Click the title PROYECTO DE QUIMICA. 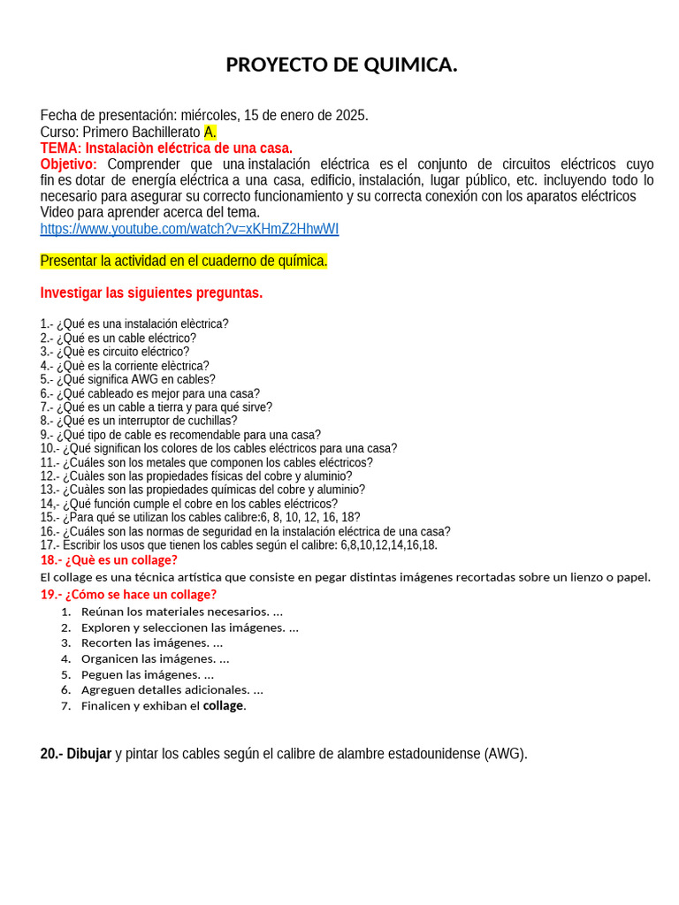[341, 65]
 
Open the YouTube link [189, 229]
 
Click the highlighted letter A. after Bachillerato [210, 132]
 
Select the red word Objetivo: [68, 164]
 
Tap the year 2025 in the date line [350, 116]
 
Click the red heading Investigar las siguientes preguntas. [151, 293]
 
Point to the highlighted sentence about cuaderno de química [184, 261]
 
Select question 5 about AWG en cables [127, 379]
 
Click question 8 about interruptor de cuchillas [139, 421]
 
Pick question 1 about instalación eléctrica [134, 324]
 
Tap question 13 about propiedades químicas [202, 490]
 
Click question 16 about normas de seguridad [245, 531]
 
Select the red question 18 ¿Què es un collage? [96, 559]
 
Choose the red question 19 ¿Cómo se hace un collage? [128, 594]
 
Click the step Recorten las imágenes [151, 643]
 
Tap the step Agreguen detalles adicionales [172, 689]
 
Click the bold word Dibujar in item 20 [88, 754]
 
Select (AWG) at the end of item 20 [505, 754]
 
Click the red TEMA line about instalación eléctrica [166, 148]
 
